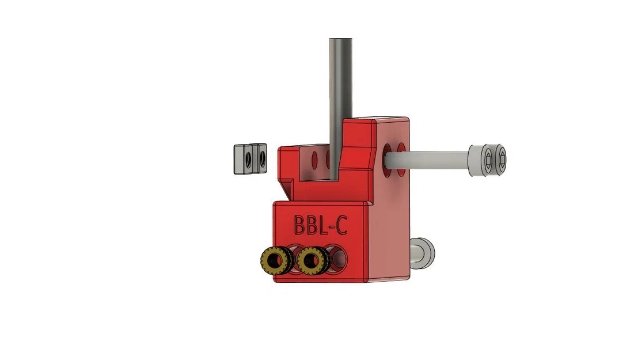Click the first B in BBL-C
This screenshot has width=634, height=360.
click(x=300, y=224)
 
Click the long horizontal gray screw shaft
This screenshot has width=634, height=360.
click(x=438, y=158)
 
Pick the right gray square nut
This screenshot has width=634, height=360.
click(x=260, y=159)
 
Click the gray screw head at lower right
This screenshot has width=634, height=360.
click(x=425, y=253)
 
